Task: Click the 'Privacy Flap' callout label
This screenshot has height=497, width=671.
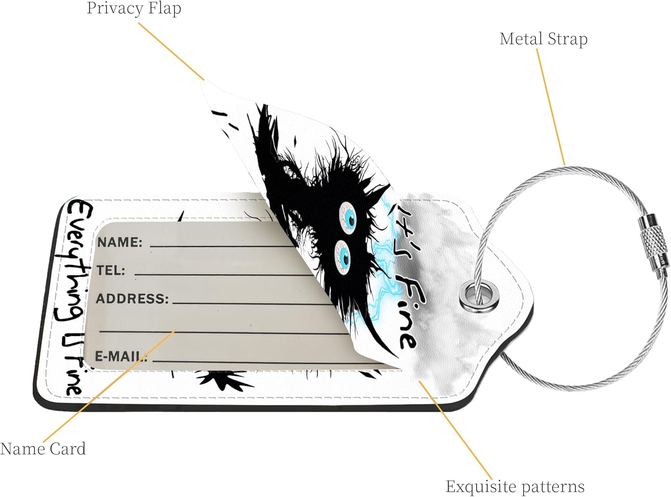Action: [x=134, y=8]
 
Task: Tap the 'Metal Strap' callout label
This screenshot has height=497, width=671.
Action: [x=543, y=39]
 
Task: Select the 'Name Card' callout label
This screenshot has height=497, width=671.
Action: [x=43, y=449]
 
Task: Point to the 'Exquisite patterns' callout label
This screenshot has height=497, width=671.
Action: [x=515, y=486]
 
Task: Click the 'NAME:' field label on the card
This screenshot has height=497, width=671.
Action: [x=120, y=242]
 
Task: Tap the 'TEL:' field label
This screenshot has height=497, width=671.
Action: [x=111, y=270]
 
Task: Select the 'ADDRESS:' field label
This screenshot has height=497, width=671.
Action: [x=132, y=298]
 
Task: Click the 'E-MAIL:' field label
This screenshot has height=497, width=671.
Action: [x=121, y=357]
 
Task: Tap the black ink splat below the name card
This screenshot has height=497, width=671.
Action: [x=221, y=381]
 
